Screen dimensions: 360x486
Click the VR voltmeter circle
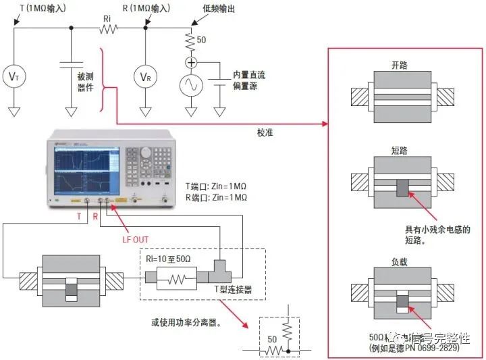click(145, 76)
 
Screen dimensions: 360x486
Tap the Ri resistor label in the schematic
click(105, 18)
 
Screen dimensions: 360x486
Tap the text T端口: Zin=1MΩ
click(216, 185)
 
